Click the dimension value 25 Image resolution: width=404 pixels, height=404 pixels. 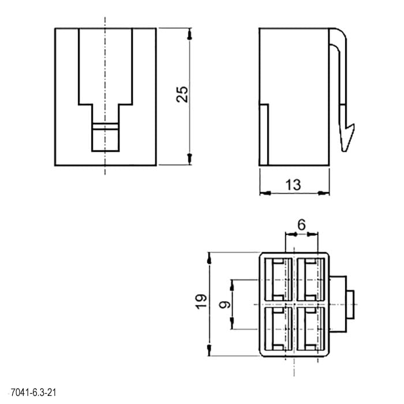click(182, 94)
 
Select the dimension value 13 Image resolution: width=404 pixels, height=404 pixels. click(293, 185)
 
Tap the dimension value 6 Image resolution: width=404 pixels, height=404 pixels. click(301, 225)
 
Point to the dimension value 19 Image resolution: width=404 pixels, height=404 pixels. click(201, 301)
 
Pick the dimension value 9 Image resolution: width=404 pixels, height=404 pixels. click(225, 305)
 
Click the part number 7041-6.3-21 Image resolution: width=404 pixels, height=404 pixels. click(33, 392)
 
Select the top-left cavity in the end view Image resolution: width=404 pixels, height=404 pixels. click(279, 279)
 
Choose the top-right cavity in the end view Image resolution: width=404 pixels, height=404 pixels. click(311, 279)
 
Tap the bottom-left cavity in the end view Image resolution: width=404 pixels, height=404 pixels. click(279, 329)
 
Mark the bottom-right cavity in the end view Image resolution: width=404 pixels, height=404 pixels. click(311, 329)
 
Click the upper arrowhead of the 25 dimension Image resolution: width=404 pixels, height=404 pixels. click(190, 35)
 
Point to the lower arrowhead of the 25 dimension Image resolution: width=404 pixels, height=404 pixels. click(190, 159)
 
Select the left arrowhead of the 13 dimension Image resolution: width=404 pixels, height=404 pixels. click(265, 193)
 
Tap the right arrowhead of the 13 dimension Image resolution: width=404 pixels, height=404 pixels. click(324, 193)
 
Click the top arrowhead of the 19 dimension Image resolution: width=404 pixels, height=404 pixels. click(209, 258)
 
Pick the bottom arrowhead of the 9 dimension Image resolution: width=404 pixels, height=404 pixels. click(232, 324)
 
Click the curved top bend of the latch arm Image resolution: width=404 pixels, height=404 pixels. click(341, 36)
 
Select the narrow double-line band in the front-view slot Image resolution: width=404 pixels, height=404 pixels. click(106, 126)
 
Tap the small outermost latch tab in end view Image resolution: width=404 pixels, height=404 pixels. click(350, 305)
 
